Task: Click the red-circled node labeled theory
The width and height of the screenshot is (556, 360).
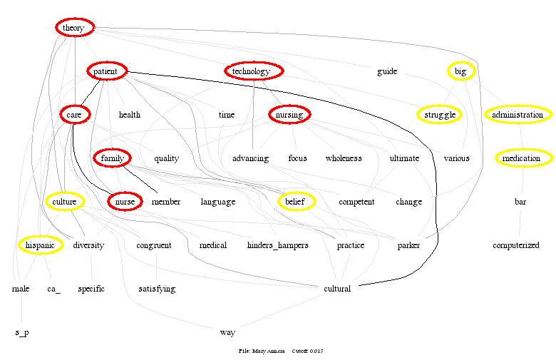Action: [x=74, y=28]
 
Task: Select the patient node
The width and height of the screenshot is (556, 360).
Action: [x=107, y=71]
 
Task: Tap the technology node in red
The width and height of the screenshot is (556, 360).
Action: [x=254, y=71]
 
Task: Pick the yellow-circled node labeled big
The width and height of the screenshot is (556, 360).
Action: [x=460, y=71]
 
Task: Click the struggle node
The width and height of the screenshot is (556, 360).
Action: [x=439, y=115]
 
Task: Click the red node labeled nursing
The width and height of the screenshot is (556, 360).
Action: [x=289, y=115]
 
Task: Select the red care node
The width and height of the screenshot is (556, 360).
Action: [x=73, y=115]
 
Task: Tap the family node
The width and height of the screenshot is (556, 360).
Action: [x=113, y=158]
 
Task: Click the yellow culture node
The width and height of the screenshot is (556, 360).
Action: [x=64, y=202]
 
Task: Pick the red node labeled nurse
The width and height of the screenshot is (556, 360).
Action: [x=125, y=202]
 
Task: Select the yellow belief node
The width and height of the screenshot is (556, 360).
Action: [x=295, y=202]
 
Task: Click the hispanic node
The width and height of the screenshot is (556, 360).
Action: [x=40, y=245]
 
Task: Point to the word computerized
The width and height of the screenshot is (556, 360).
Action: [x=516, y=245]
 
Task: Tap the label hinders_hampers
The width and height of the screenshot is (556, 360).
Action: [x=277, y=245]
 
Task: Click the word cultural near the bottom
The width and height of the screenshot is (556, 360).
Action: [x=337, y=289]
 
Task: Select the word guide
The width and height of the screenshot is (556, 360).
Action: [x=387, y=71]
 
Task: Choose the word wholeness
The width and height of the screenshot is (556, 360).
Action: [x=344, y=158]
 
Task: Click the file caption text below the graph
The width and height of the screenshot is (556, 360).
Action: [x=281, y=351]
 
